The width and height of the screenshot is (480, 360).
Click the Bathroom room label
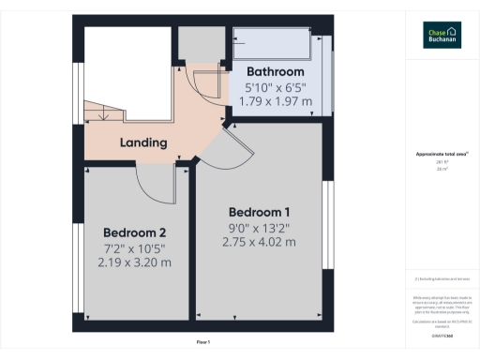275,72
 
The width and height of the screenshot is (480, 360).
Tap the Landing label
143,143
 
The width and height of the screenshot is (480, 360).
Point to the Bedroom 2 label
135,232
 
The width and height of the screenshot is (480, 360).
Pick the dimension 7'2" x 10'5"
135,247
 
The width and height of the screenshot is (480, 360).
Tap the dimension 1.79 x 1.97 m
275,101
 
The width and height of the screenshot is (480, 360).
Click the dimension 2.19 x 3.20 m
135,262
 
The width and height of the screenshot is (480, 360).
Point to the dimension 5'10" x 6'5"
275,87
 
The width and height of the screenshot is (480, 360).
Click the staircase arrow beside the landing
104,113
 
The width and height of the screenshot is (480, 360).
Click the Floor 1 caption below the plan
203,341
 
